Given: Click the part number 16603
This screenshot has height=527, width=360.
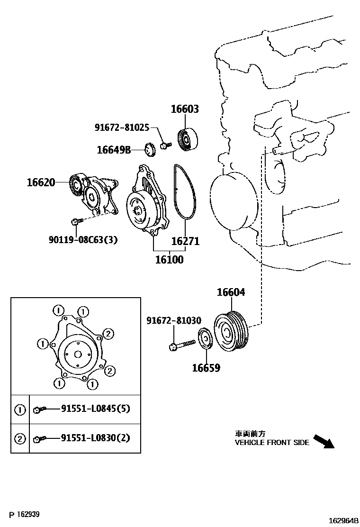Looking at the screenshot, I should tap(185, 109).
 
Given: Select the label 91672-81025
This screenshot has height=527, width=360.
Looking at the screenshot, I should tap(122, 127).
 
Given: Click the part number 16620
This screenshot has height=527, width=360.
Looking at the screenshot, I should tap(41, 182).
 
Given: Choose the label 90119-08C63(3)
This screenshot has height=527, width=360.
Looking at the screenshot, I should tap(82, 240).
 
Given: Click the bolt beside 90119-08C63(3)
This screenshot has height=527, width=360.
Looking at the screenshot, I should tap(76, 221).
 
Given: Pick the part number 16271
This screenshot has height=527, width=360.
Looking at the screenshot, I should tap(185, 241).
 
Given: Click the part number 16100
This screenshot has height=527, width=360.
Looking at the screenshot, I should tap(170, 260).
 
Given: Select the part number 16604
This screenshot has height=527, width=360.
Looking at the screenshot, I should tap(231, 292).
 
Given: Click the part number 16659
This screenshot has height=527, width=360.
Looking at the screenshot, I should tap(206, 368).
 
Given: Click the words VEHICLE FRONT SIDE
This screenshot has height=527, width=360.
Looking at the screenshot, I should tap(272, 443).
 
